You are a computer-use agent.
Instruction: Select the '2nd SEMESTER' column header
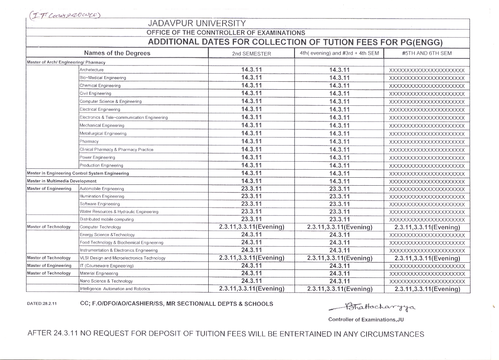[x=252, y=53]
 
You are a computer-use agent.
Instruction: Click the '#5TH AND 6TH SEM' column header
[x=427, y=53]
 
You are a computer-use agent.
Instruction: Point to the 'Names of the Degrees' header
[x=117, y=53]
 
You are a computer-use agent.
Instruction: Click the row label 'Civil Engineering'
[x=96, y=93]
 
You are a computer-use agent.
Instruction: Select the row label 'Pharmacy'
[x=89, y=141]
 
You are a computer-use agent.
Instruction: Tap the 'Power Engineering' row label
[x=97, y=157]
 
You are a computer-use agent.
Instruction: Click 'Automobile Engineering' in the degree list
[x=102, y=189]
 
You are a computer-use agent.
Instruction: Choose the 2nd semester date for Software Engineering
[x=252, y=204]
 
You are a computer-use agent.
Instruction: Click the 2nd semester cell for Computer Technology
[x=252, y=227]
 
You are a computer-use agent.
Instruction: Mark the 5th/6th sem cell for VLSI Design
[x=427, y=258]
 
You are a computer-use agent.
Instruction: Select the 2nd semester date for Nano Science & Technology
[x=252, y=281]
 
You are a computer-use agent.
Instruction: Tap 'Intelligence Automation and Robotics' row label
[x=115, y=289]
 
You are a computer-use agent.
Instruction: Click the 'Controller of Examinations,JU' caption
[x=366, y=320]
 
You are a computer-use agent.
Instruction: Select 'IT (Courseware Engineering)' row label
[x=107, y=266]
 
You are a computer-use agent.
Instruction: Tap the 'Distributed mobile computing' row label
[x=106, y=219]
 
